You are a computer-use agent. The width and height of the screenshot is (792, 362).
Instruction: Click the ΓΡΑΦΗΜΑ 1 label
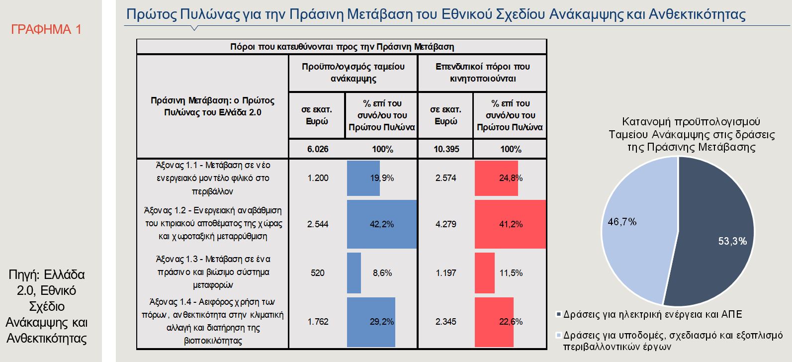[46, 29]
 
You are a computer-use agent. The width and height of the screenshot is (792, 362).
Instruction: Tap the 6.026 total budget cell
[318, 149]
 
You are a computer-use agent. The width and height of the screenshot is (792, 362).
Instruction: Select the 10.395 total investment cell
[446, 149]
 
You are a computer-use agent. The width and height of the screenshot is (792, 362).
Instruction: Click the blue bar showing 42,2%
[381, 224]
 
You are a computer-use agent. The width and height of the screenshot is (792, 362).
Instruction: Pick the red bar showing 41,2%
[510, 224]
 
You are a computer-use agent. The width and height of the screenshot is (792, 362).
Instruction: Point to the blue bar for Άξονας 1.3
[354, 273]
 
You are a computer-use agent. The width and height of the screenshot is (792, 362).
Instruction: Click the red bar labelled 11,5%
[485, 273]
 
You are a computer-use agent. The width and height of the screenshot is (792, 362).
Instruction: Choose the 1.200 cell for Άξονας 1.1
[318, 178]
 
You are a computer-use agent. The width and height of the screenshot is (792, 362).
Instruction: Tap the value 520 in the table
[317, 273]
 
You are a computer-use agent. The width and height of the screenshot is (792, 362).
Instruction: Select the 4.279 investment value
[446, 224]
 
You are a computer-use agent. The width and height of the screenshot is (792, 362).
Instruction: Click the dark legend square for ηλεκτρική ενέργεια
[559, 314]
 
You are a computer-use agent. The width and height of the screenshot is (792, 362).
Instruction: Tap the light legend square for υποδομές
[559, 335]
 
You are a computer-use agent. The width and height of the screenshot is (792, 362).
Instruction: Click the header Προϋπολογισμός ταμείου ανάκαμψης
[353, 73]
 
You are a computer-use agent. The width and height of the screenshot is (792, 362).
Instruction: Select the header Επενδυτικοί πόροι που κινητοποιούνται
[482, 73]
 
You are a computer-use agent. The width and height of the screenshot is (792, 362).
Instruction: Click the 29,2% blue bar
[371, 322]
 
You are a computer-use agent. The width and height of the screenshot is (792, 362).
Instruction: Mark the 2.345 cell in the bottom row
[446, 322]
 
